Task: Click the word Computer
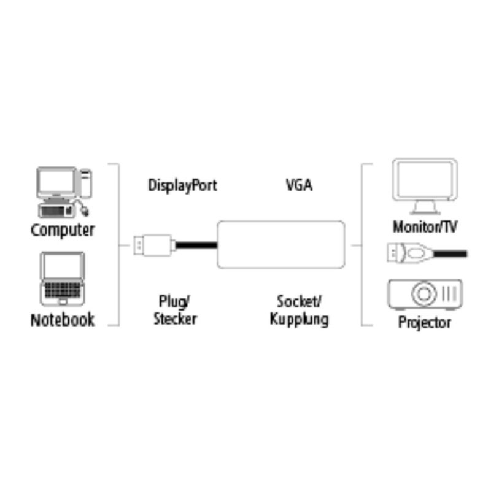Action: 63,231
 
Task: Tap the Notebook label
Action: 63,320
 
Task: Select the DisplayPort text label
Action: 182,185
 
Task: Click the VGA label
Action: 299,185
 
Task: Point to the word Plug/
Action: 175,301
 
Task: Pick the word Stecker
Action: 175,319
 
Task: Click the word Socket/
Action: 299,301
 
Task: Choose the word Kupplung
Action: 299,319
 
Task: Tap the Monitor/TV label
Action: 425,226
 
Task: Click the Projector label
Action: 425,322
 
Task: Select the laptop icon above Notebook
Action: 63,278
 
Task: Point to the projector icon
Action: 424,295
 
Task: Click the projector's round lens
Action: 423,295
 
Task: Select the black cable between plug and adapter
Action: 196,245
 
